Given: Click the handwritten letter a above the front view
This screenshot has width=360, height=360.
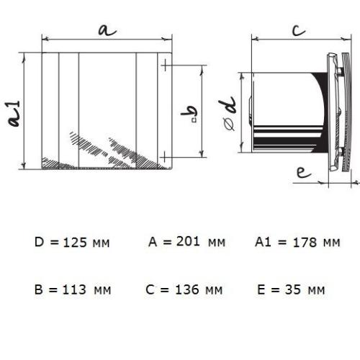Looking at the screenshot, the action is (x=107, y=30).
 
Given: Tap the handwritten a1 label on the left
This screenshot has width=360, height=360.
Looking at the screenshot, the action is (x=14, y=113).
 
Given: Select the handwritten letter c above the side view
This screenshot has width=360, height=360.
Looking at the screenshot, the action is (x=299, y=30).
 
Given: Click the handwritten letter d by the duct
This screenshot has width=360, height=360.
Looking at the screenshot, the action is (x=227, y=105).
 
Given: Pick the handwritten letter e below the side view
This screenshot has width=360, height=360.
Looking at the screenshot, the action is (x=304, y=172).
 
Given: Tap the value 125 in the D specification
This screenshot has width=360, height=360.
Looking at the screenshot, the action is (x=75, y=243).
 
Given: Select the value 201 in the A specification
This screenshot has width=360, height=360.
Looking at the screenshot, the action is (x=188, y=241).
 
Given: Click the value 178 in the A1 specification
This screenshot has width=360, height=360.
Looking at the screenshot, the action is (x=305, y=243).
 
